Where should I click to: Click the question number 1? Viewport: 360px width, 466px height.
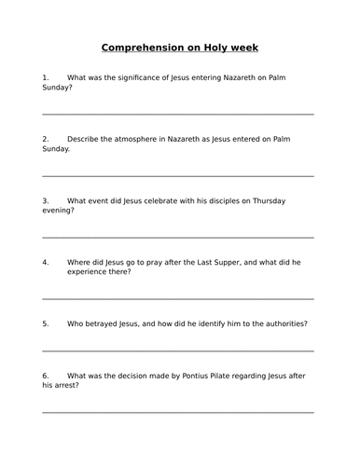[46, 76]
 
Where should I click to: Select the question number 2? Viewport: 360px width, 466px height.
[46, 138]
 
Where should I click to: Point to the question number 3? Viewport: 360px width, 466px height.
[46, 200]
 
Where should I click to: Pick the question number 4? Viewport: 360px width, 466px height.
[46, 262]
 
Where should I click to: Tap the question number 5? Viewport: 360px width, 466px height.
[46, 323]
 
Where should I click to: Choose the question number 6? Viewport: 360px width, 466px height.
[46, 375]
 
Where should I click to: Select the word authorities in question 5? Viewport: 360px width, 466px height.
[279, 323]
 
